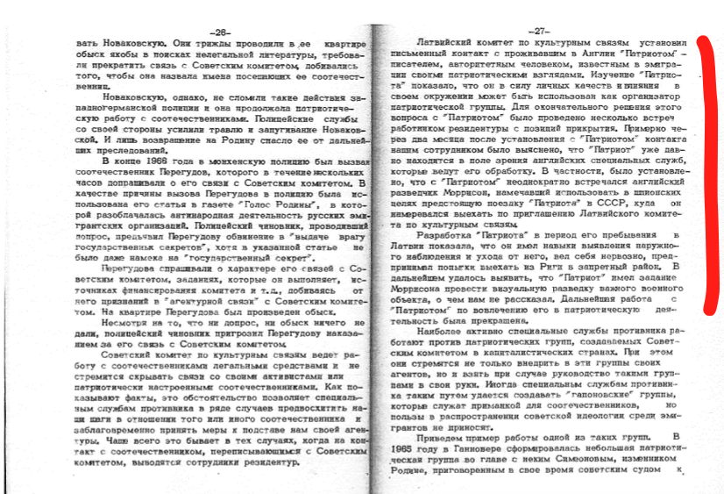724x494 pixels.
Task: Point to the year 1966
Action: coord(160,163)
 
